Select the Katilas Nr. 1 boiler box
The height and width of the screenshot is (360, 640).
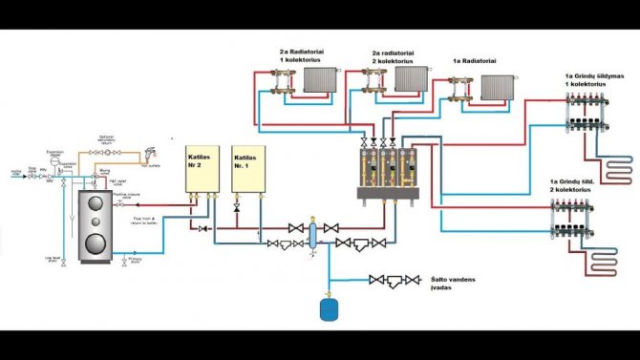[245, 168]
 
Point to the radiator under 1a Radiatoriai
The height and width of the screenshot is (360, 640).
[496, 88]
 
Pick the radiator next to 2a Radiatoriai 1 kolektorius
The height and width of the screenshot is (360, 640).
[319, 79]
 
